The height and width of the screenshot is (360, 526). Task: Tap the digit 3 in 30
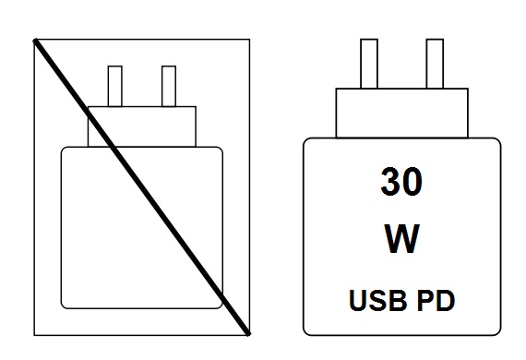click(x=389, y=182)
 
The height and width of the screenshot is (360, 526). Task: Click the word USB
click(x=376, y=300)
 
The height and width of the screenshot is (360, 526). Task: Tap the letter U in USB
click(x=359, y=300)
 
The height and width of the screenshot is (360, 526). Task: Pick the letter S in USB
click(x=376, y=300)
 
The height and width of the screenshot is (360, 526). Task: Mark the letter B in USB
click(x=392, y=300)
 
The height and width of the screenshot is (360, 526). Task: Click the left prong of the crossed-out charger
click(x=115, y=86)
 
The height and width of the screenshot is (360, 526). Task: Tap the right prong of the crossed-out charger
click(x=168, y=86)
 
